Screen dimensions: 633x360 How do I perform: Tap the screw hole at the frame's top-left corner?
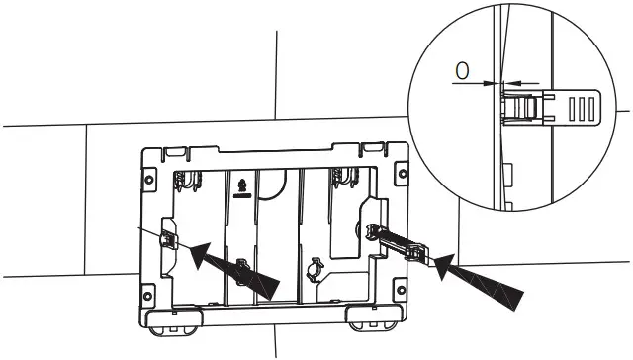point(149,182)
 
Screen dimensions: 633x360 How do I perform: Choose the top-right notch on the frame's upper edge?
point(376,149)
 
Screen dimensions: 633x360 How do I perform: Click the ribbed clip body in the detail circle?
point(526,106)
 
